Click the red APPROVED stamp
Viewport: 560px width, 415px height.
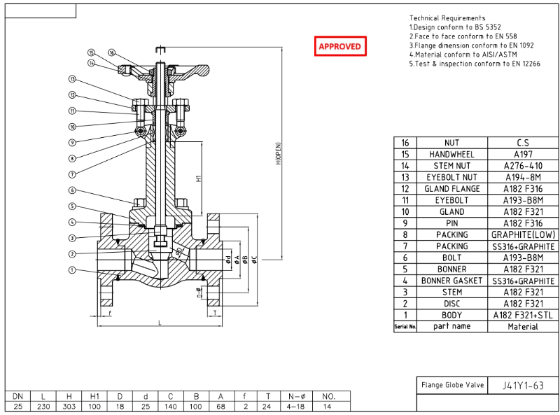(339, 46)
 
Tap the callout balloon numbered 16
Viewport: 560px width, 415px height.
(111, 52)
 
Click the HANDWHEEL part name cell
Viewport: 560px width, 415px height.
(451, 154)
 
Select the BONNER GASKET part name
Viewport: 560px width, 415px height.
(451, 281)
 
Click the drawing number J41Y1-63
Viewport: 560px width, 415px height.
(522, 386)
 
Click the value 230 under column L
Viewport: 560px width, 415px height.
(43, 406)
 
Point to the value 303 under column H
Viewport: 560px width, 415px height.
(69, 406)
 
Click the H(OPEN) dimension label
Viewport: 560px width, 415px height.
(278, 154)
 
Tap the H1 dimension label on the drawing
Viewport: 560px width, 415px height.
(199, 178)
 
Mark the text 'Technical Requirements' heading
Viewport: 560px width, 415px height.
(447, 17)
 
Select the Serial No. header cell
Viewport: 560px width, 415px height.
(405, 327)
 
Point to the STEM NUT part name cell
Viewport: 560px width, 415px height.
(451, 166)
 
